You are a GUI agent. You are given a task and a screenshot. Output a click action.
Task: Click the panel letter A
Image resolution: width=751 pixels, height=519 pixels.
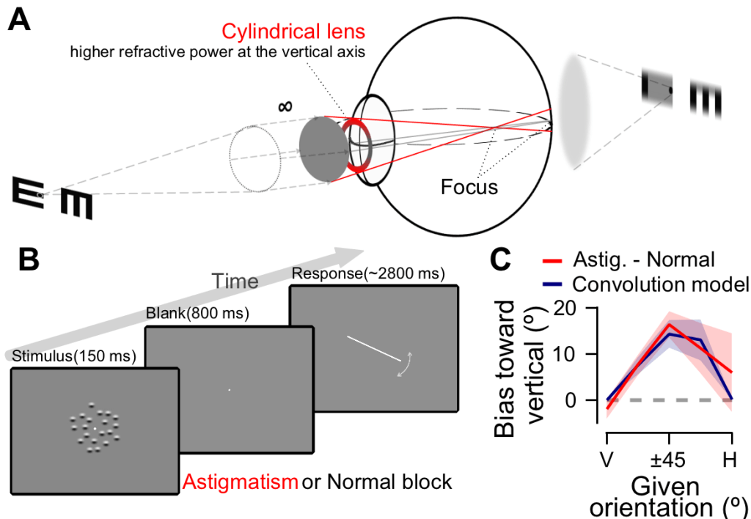coord(20,20)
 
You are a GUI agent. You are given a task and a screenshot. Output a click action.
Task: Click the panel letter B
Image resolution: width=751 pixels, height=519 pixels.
coord(20,262)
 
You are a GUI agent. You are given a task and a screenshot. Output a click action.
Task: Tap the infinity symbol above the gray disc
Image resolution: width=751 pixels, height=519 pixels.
coord(286,106)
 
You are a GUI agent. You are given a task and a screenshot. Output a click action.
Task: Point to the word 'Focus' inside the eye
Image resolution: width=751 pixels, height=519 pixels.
coord(469,187)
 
